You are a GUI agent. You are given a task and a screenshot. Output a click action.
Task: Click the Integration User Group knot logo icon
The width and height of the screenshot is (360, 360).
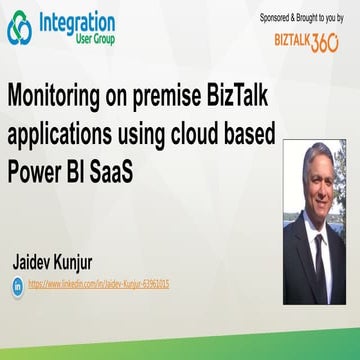click(x=19, y=28)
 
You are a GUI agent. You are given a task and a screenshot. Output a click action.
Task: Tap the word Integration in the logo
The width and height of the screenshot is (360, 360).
click(x=76, y=21)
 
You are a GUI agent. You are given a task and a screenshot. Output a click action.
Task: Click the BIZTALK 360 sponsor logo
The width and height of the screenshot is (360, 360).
click(x=306, y=42)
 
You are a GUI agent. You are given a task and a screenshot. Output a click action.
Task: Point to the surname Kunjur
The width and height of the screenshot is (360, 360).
click(x=96, y=264)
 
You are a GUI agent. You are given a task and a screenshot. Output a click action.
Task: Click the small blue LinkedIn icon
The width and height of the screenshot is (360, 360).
click(x=17, y=285)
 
